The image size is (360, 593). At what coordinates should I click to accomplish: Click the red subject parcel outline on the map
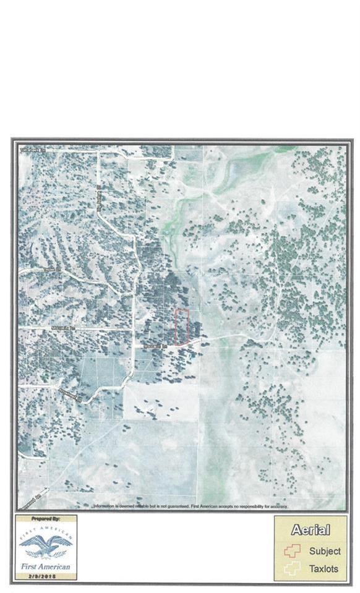click(181, 326)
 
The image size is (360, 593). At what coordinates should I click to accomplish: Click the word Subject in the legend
click(325, 552)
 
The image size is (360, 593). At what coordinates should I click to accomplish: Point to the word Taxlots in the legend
click(325, 569)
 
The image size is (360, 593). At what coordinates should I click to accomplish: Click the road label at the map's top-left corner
click(29, 150)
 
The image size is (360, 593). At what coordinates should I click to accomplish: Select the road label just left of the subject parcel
click(153, 346)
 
